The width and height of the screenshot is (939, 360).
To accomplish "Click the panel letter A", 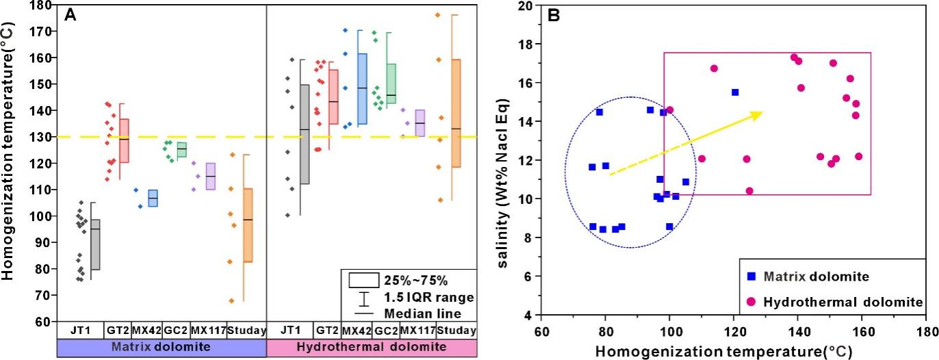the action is (70, 15).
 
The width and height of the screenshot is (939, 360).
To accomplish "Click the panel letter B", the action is (554, 16).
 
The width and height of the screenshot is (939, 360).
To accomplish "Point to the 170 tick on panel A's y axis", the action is (40, 31).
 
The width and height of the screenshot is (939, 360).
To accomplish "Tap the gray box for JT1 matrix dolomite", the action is (96, 244).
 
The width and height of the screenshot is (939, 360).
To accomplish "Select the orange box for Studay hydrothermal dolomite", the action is (456, 113).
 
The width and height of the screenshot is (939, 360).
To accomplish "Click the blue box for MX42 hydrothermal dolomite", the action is (362, 89).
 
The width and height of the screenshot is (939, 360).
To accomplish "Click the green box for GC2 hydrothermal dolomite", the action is (391, 83).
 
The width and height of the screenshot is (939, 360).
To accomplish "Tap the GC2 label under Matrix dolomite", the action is (175, 331).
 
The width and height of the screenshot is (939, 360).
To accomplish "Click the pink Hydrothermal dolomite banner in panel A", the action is (372, 348).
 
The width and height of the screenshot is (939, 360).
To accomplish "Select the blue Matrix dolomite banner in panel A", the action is (162, 348).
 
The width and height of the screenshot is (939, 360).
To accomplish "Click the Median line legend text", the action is (422, 313).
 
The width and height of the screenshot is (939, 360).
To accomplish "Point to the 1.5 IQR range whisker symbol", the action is (364, 298).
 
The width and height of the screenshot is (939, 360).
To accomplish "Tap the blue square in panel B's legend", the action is (751, 277).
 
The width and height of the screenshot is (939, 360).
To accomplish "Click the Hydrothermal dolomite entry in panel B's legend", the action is (843, 302).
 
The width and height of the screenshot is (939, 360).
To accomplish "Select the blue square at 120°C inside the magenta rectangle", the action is (735, 92).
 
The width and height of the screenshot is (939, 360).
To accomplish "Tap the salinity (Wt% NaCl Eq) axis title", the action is (502, 183).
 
